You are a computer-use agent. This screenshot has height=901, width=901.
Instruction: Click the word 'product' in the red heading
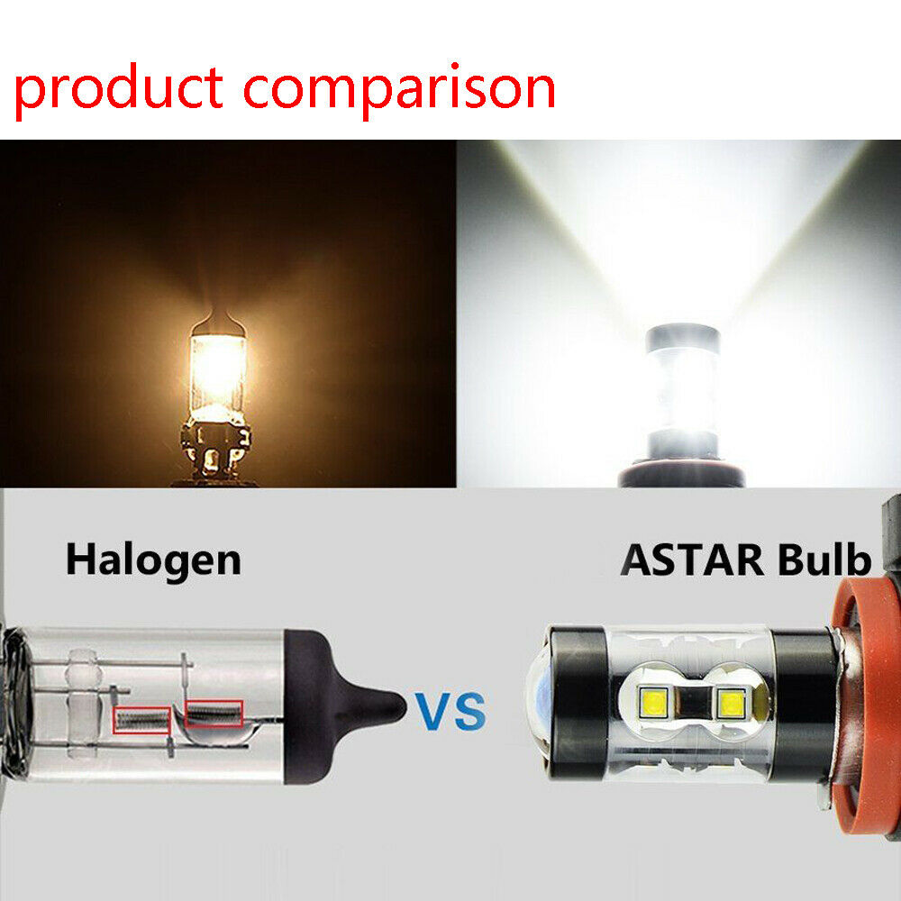(119, 90)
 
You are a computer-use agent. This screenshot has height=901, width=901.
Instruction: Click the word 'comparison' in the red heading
(399, 90)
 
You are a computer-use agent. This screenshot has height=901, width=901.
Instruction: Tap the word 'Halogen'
(153, 560)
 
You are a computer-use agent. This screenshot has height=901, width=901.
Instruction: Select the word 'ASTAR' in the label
(692, 560)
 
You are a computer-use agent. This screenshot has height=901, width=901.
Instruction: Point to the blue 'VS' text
(450, 712)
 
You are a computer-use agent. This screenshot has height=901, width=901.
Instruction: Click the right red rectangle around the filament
(214, 714)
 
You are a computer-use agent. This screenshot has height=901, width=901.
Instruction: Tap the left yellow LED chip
(653, 702)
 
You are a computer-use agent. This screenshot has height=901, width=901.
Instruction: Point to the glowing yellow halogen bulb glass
(218, 377)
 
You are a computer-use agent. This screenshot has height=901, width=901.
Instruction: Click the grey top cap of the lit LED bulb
(683, 339)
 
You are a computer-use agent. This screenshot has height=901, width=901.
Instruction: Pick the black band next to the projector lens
(577, 703)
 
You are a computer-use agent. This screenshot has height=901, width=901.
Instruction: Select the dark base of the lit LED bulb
(681, 474)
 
